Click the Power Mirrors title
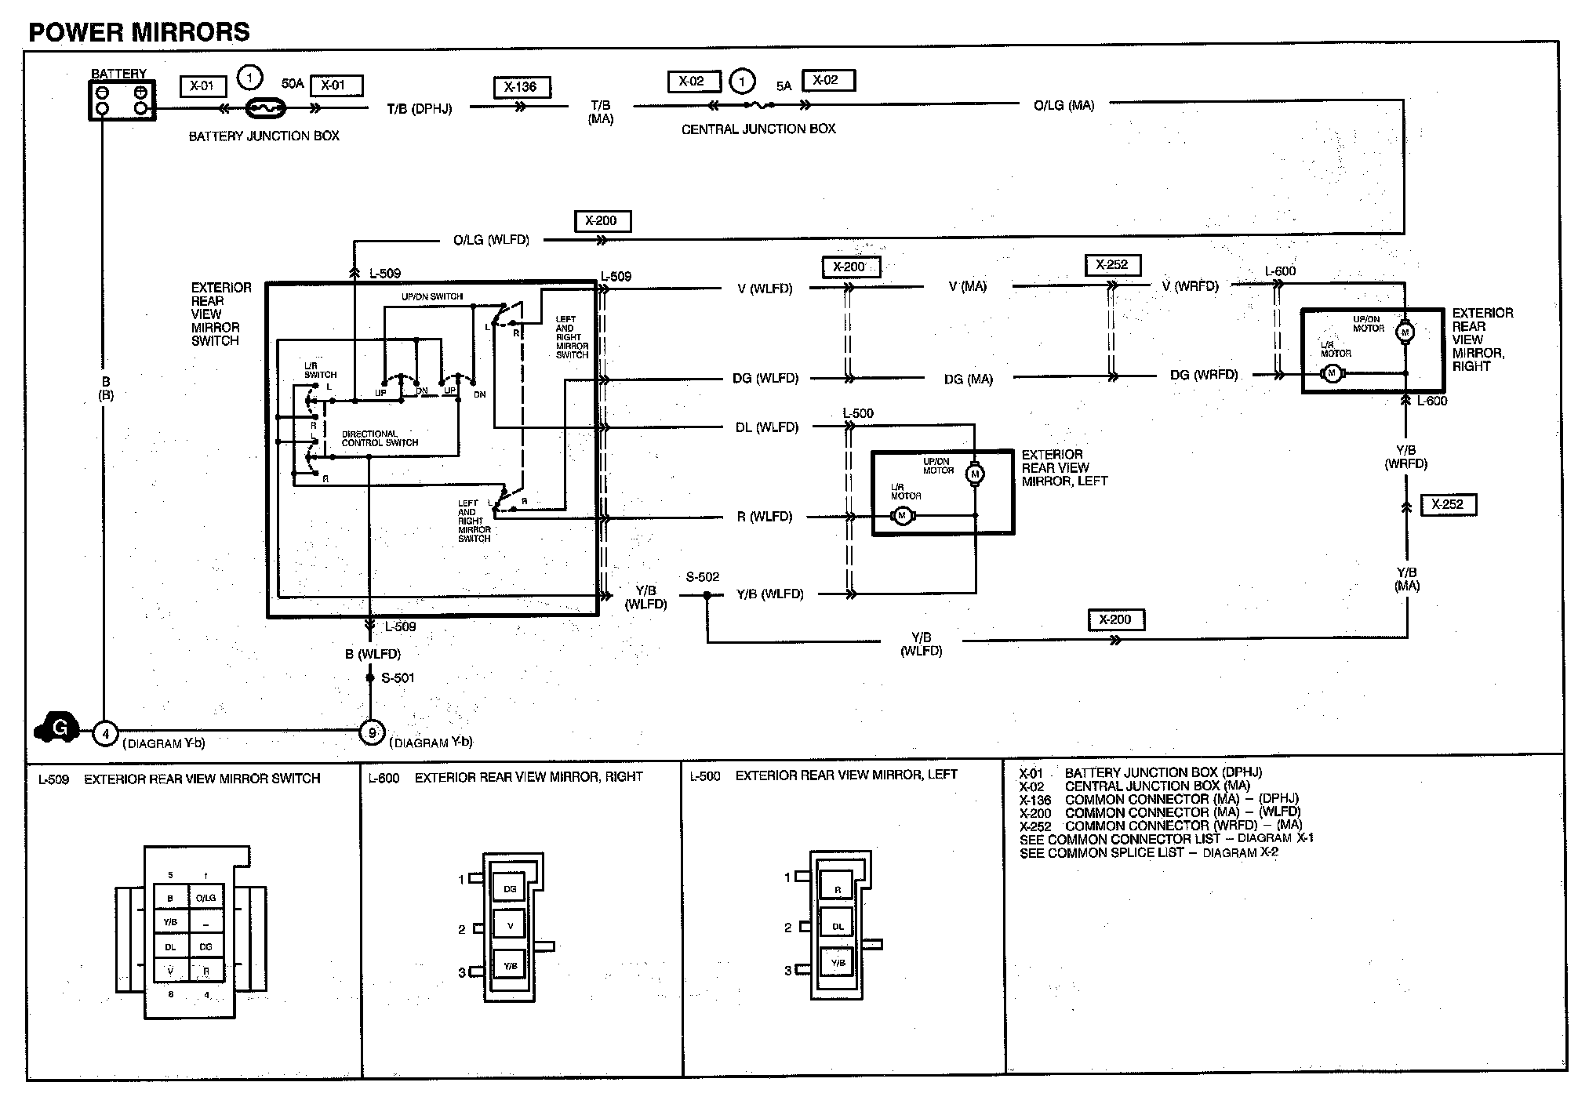pos(139,32)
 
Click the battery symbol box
pos(122,100)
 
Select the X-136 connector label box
pos(522,87)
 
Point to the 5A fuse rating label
pos(784,86)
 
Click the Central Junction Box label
pos(758,129)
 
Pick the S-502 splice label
pos(702,577)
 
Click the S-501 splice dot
pos(370,677)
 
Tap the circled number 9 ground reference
pos(371,733)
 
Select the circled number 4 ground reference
pos(105,734)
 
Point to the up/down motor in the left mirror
pos(976,474)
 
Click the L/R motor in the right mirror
pos(1331,374)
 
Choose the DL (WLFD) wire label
pos(766,427)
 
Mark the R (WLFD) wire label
pos(764,517)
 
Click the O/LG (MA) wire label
pos(1064,105)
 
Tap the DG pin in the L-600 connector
pos(510,888)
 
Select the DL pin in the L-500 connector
pos(838,926)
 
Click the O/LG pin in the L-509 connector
pos(205,898)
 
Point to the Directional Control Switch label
pos(380,438)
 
